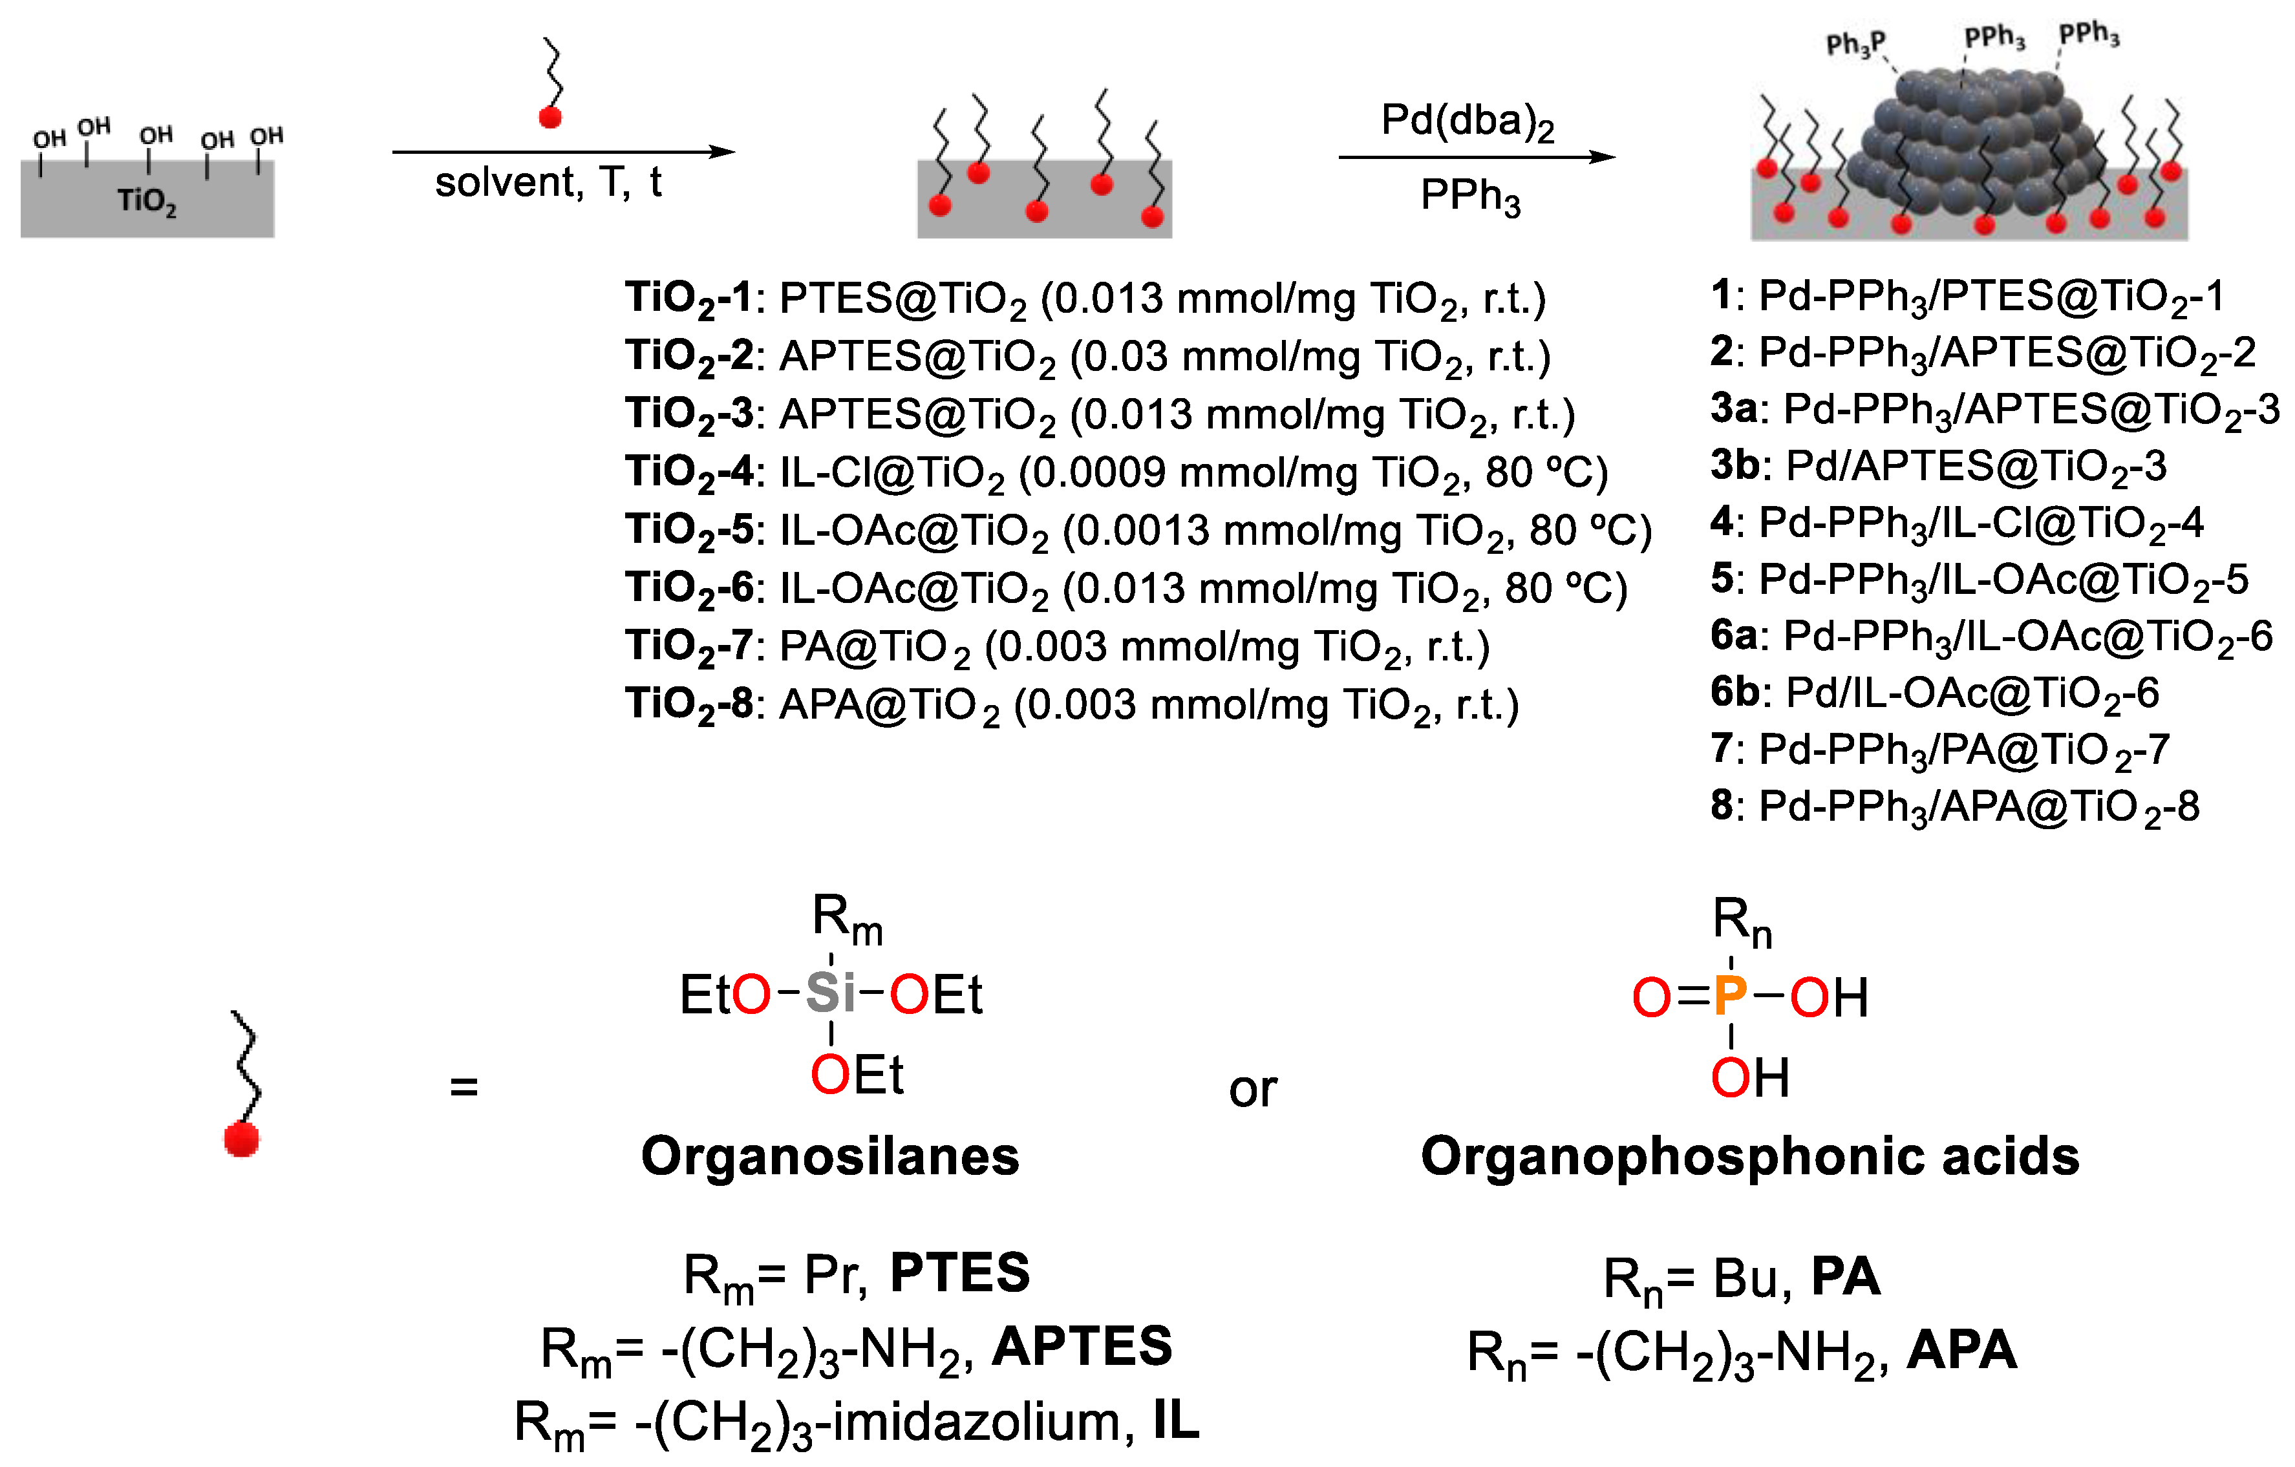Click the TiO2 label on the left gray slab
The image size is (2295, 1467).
tap(146, 201)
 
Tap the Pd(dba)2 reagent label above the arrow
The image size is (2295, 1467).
tap(1467, 122)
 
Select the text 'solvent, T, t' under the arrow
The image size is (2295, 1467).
tap(548, 182)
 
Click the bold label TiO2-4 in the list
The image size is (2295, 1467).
tap(689, 472)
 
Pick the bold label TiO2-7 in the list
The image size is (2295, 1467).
tap(689, 647)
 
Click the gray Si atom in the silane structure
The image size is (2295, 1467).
tap(830, 993)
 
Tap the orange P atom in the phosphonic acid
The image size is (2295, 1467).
tap(1730, 997)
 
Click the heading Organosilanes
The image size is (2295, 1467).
tap(830, 1156)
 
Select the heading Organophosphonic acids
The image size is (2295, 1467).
tap(1750, 1156)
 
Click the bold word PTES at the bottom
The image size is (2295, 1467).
tap(960, 1272)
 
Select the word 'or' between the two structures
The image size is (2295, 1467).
tap(1252, 1089)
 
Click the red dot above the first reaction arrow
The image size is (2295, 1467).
tap(550, 117)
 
